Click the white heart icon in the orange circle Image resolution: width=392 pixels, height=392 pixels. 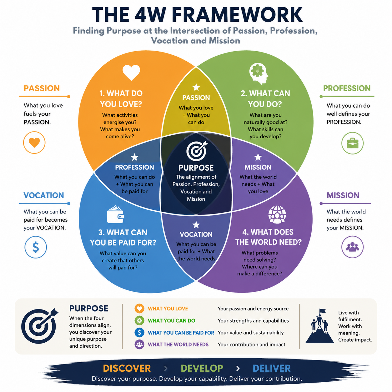click(131, 73)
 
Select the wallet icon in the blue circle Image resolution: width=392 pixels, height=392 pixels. click(115, 214)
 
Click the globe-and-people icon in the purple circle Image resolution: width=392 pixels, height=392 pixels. click(277, 214)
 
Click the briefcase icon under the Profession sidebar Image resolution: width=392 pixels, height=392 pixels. click(352, 143)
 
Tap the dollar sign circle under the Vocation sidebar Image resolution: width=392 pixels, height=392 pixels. click(36, 247)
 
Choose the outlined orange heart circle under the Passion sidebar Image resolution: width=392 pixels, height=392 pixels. click(34, 143)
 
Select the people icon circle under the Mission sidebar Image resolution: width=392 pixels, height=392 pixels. click(352, 247)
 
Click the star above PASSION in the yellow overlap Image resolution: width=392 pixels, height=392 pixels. click(196, 87)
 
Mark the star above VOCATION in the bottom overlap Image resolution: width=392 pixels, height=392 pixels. click(196, 225)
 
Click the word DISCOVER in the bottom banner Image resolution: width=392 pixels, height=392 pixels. click(127, 369)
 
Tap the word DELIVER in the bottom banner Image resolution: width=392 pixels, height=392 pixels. click(272, 369)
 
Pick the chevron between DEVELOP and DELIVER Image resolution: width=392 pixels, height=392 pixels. click(238, 369)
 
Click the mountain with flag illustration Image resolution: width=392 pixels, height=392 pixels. click(319, 326)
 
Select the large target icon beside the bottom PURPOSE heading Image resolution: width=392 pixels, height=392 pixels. click(39, 326)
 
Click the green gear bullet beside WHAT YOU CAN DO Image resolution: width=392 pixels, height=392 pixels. click(139, 321)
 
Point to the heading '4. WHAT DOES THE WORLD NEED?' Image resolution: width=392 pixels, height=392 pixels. click(268, 237)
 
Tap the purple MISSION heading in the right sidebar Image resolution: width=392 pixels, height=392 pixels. click(343, 195)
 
